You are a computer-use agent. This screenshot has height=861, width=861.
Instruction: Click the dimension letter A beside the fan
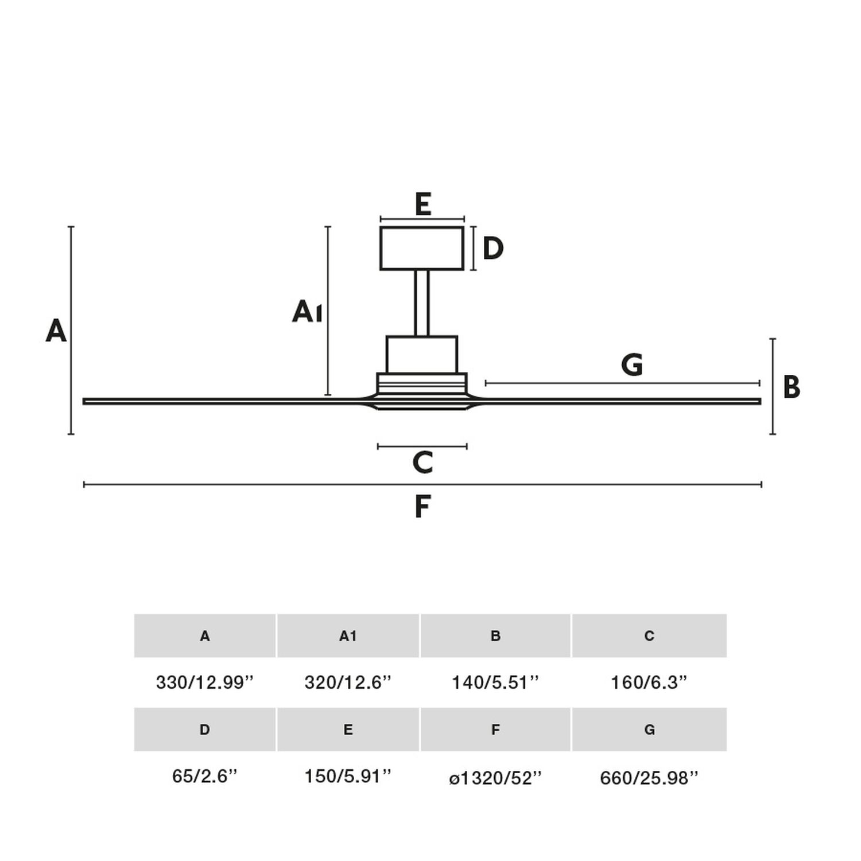56,331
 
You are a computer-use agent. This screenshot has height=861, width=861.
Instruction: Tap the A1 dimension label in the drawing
307,312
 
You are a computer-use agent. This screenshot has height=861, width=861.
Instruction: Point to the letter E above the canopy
423,204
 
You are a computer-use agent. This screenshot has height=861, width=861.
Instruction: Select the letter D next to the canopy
493,249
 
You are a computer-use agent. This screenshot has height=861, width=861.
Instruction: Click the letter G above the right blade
632,365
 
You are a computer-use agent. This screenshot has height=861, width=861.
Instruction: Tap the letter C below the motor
422,463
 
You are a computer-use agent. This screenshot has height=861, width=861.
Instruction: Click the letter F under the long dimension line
422,507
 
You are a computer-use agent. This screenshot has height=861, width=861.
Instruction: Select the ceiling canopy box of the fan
422,248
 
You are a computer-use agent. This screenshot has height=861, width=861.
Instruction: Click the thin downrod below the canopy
422,303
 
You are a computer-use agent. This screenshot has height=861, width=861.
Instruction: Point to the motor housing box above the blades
422,355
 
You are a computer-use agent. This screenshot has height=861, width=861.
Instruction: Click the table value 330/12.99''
205,682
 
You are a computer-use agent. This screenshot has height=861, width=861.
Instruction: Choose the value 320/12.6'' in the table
348,682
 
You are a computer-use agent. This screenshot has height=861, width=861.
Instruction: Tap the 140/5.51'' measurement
496,682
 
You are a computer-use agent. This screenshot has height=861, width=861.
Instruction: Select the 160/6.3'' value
649,682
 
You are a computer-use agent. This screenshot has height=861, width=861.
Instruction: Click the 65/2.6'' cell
205,776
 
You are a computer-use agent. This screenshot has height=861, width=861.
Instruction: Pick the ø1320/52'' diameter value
496,778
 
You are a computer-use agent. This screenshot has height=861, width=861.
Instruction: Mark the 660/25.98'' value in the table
649,778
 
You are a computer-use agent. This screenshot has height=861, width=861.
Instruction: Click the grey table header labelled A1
348,636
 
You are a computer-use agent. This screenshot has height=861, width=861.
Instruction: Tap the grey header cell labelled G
649,730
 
